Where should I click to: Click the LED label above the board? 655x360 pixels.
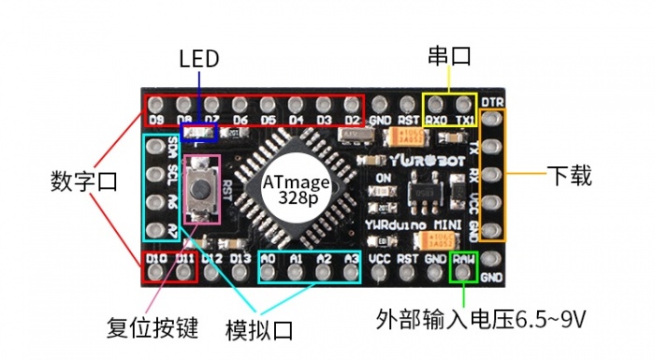(198, 59)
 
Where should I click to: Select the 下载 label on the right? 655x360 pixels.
(569, 175)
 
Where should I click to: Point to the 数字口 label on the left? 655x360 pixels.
(83, 181)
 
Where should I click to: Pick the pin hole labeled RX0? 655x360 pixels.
(436, 104)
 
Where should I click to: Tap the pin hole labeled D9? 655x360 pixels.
(184, 104)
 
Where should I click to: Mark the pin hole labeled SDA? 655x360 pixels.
(156, 147)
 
